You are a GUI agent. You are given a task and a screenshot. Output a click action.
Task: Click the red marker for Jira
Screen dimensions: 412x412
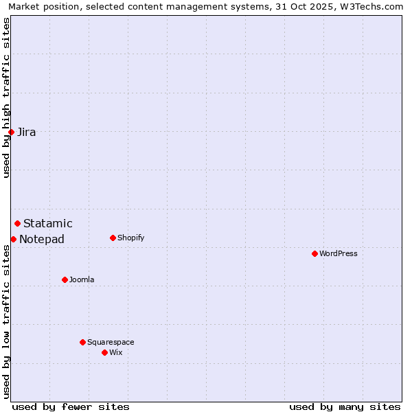[12, 132]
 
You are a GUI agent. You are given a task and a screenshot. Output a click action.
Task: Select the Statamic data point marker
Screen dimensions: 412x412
[18, 223]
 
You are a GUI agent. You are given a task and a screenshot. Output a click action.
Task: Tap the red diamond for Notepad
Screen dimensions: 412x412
[14, 239]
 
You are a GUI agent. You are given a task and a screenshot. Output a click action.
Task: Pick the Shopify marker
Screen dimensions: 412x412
[113, 238]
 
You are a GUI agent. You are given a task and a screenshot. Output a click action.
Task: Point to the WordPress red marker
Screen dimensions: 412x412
[314, 253]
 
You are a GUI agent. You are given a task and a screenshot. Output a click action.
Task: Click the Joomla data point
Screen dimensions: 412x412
[65, 279]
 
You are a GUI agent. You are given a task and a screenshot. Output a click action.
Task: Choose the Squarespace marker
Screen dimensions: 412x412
[83, 342]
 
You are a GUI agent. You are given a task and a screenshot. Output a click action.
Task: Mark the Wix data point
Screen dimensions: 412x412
[105, 352]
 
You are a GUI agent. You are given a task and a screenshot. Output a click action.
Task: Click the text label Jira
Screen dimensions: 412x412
[27, 133]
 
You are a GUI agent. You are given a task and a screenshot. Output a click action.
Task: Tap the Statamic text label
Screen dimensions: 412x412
[48, 224]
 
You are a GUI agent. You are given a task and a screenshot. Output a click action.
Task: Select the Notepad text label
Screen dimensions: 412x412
[42, 240]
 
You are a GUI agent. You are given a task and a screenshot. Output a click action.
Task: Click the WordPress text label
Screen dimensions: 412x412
[339, 254]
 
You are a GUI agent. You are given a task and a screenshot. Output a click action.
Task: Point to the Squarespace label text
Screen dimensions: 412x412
[111, 343]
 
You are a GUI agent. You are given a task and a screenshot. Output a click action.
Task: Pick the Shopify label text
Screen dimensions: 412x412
[131, 238]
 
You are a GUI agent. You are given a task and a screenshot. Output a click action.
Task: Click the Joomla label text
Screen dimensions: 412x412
[82, 280]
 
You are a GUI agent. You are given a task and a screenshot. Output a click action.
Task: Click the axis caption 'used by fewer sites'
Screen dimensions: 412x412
[71, 407]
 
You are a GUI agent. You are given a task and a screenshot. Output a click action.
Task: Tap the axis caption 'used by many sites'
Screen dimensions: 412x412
[345, 407]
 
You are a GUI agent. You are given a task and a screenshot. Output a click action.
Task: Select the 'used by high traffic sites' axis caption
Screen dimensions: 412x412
[6, 98]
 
